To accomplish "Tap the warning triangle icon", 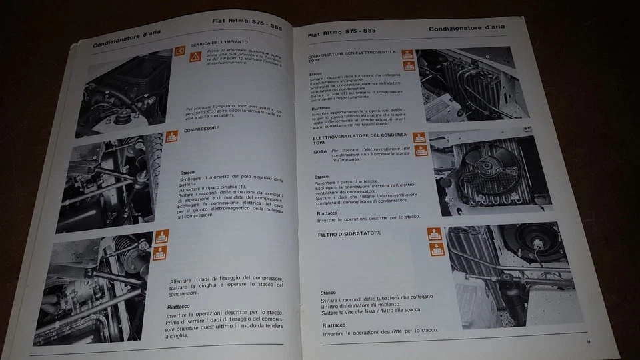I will coord(195,57).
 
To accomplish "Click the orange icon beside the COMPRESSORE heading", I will coord(171,137).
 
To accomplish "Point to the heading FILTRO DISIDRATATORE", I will coord(350,234).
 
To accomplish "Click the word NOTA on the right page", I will coord(320,152).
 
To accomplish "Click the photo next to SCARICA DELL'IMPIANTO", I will coord(127,90).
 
